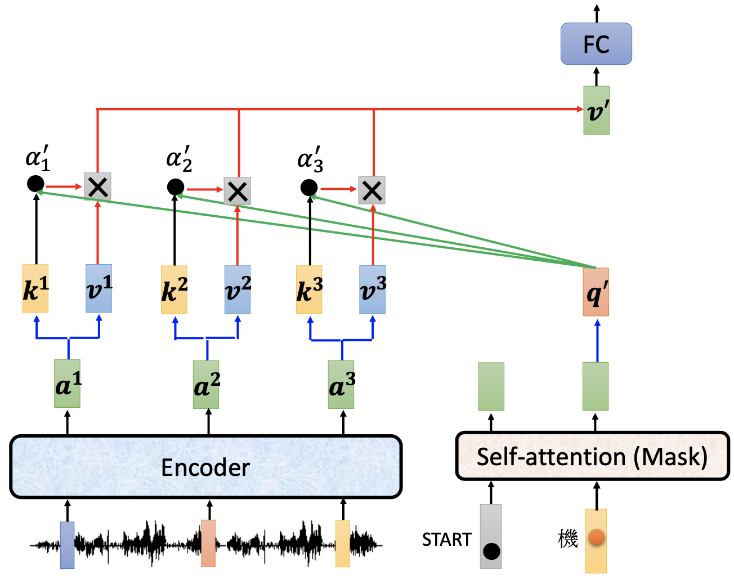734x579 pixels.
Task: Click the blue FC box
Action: coord(596,44)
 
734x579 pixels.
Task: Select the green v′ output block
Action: coord(596,110)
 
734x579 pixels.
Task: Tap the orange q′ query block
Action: coord(596,292)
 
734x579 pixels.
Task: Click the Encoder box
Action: coord(205,467)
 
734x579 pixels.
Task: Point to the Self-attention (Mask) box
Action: coord(592,456)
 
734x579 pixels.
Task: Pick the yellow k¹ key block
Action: coord(35,288)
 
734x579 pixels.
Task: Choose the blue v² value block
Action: coord(237,289)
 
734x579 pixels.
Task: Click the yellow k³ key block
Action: coord(309,289)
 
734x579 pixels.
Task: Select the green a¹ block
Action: coord(68,384)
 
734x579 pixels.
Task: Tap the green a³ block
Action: coord(341,385)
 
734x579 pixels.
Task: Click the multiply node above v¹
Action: coord(98,186)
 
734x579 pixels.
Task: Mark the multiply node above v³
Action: coord(372,190)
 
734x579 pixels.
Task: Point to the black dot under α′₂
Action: coord(175,187)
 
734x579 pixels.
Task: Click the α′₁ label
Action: coord(38,159)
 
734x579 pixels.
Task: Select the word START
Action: coord(447,540)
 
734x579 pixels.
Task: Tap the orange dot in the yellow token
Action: coord(596,537)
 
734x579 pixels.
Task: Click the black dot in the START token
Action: coord(491,551)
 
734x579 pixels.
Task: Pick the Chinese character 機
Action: coord(569,539)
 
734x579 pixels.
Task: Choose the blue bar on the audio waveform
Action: coord(68,545)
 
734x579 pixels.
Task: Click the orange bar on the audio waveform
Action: coord(208,543)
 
